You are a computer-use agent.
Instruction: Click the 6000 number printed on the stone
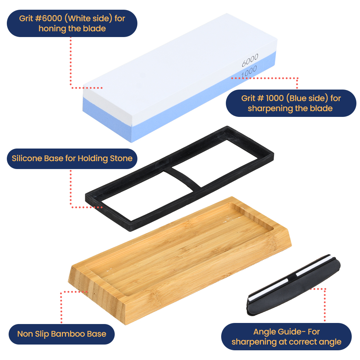point(250,60)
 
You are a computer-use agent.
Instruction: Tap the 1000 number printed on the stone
point(249,72)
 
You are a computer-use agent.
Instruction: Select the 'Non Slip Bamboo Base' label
point(61,334)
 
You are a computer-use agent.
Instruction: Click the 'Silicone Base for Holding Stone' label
point(72,159)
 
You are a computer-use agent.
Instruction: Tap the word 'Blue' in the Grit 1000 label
point(297,98)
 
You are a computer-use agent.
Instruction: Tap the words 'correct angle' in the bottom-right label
point(316,342)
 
